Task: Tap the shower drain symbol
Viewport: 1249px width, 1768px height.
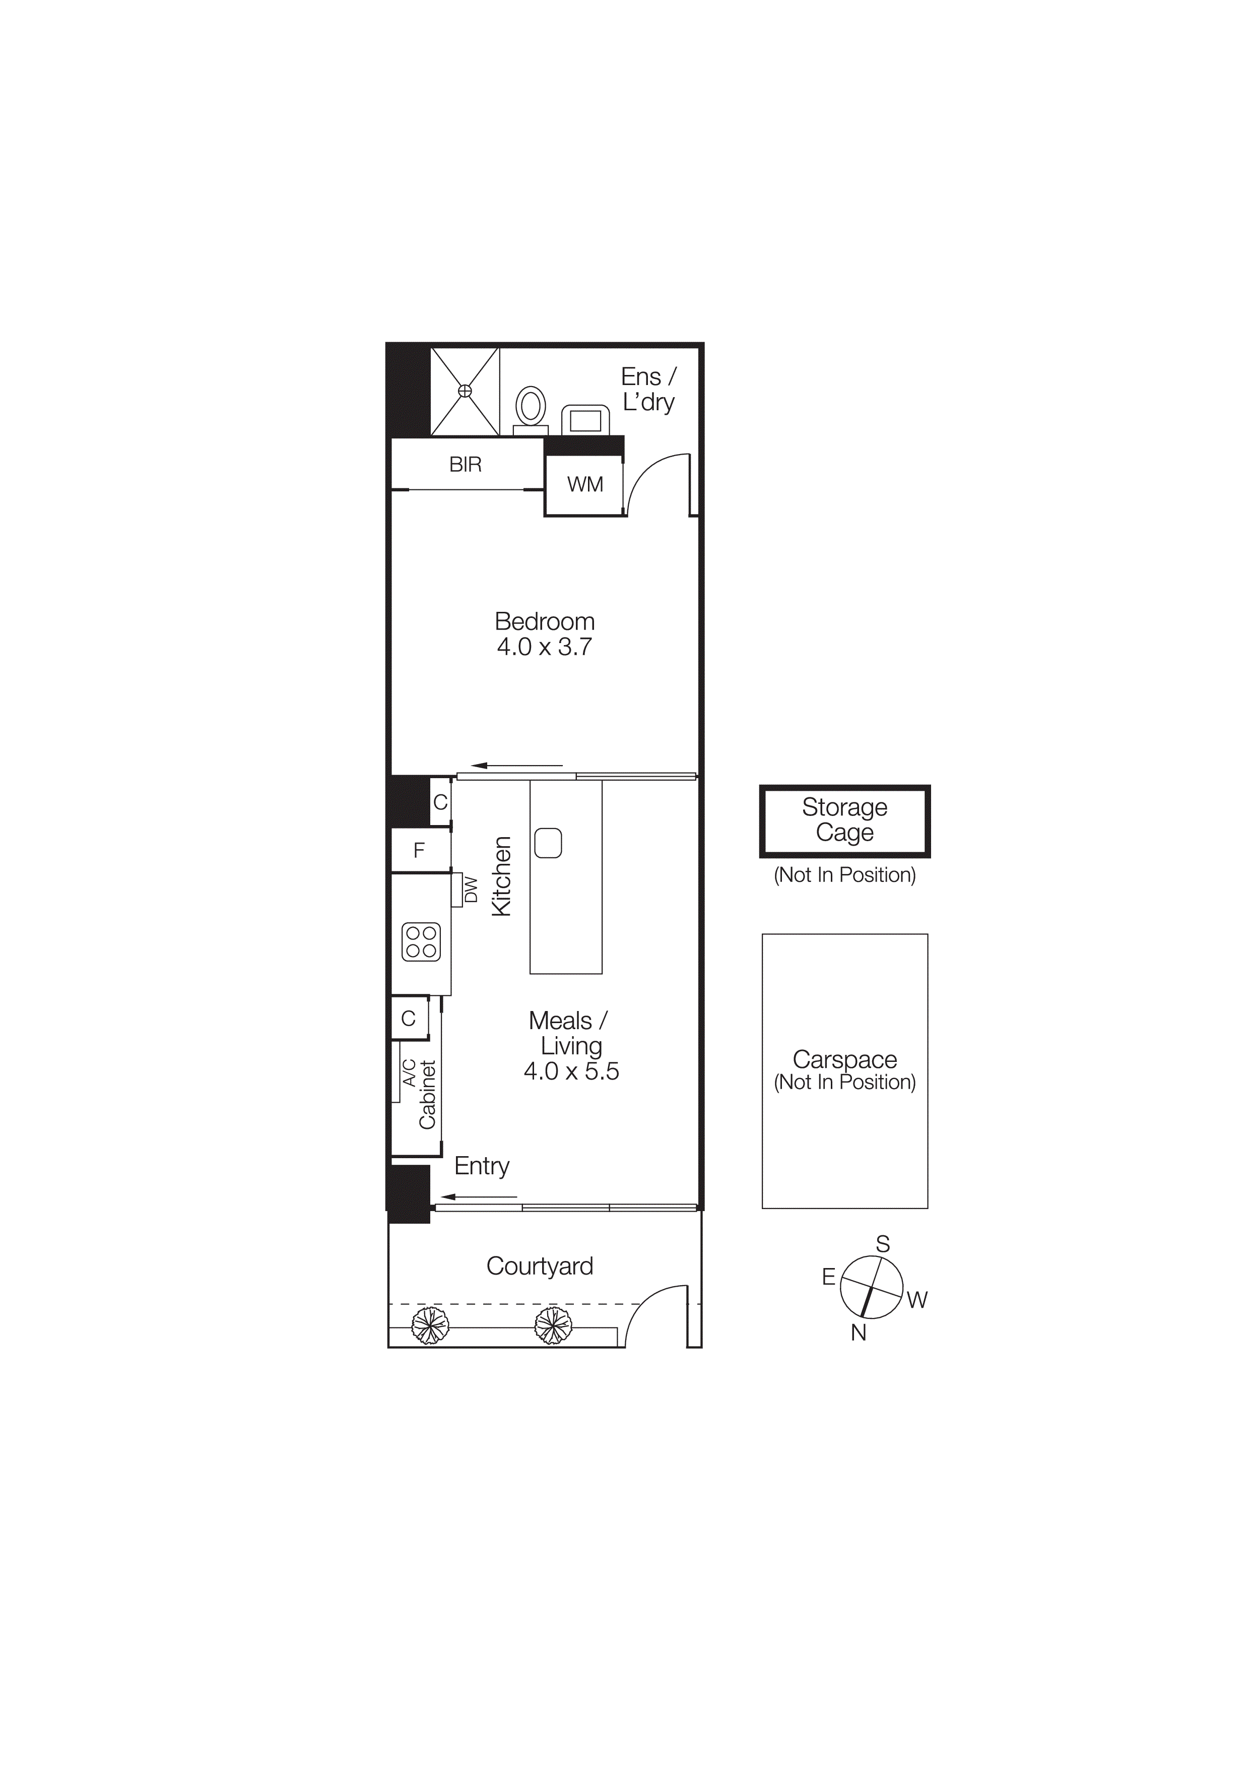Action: coord(465,391)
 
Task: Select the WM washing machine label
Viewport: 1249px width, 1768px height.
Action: coord(585,484)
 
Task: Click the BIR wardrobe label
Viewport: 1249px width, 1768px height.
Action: coord(466,464)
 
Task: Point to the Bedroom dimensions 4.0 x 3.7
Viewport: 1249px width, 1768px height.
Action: coord(544,647)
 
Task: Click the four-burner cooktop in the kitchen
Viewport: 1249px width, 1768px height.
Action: coord(421,941)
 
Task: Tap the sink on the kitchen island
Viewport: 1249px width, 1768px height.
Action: coord(548,842)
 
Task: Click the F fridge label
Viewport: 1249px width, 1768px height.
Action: coord(419,850)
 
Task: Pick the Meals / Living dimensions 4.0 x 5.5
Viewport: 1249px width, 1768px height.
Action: coord(571,1071)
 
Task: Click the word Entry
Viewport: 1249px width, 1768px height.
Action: coord(482,1165)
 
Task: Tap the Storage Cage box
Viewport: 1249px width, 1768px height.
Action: coord(844,820)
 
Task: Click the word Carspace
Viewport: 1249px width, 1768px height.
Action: coord(844,1059)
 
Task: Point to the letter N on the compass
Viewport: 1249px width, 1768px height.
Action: coord(858,1332)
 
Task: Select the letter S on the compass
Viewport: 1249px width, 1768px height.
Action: coord(883,1244)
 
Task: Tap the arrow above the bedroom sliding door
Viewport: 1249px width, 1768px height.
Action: coord(516,766)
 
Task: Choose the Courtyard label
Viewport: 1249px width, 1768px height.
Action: coord(540,1266)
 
